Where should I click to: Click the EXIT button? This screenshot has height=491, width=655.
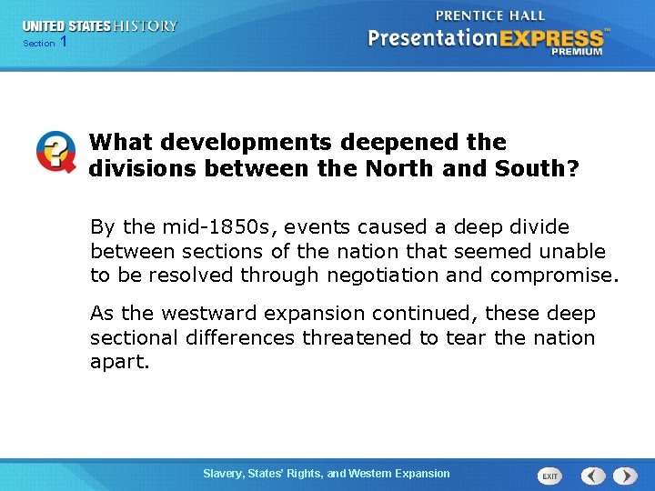(x=549, y=476)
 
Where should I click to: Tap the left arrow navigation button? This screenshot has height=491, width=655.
(x=593, y=476)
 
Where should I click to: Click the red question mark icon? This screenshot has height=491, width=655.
(x=55, y=152)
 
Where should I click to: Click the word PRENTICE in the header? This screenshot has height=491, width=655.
(x=470, y=15)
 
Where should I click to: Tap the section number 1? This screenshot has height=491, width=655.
(x=63, y=43)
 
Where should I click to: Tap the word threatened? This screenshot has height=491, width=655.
(x=365, y=338)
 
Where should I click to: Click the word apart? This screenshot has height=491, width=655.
(x=117, y=363)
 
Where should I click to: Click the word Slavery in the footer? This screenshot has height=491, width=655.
(x=224, y=474)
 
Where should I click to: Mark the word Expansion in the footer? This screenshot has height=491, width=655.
(x=420, y=474)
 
